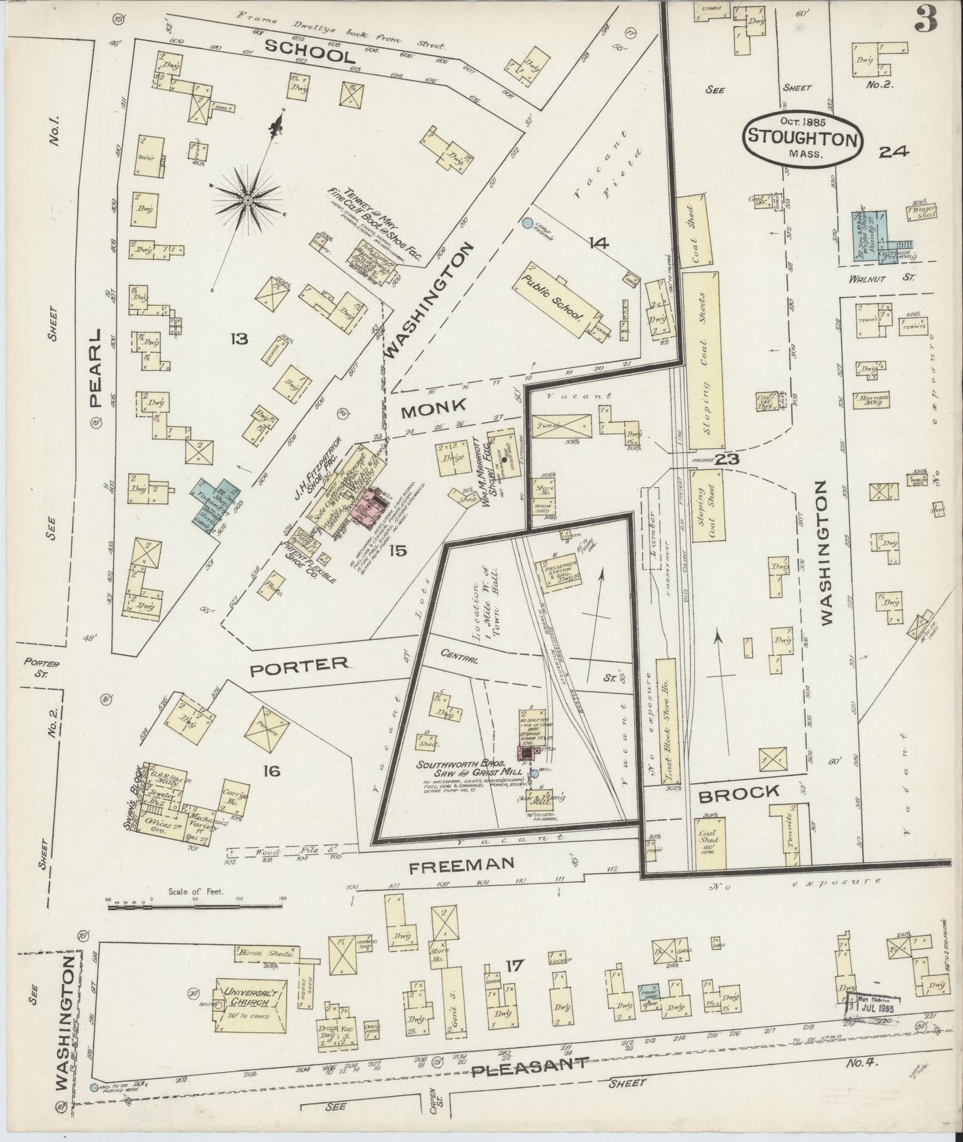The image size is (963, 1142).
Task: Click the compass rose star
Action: click(247, 199)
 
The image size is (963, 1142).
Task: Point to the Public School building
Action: click(553, 298)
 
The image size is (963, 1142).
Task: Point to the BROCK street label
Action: click(739, 792)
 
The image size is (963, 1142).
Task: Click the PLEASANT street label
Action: click(530, 1069)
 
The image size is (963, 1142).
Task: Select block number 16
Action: click(271, 771)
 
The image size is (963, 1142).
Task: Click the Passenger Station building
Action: click(558, 572)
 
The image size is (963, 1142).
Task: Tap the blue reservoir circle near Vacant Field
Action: click(527, 224)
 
